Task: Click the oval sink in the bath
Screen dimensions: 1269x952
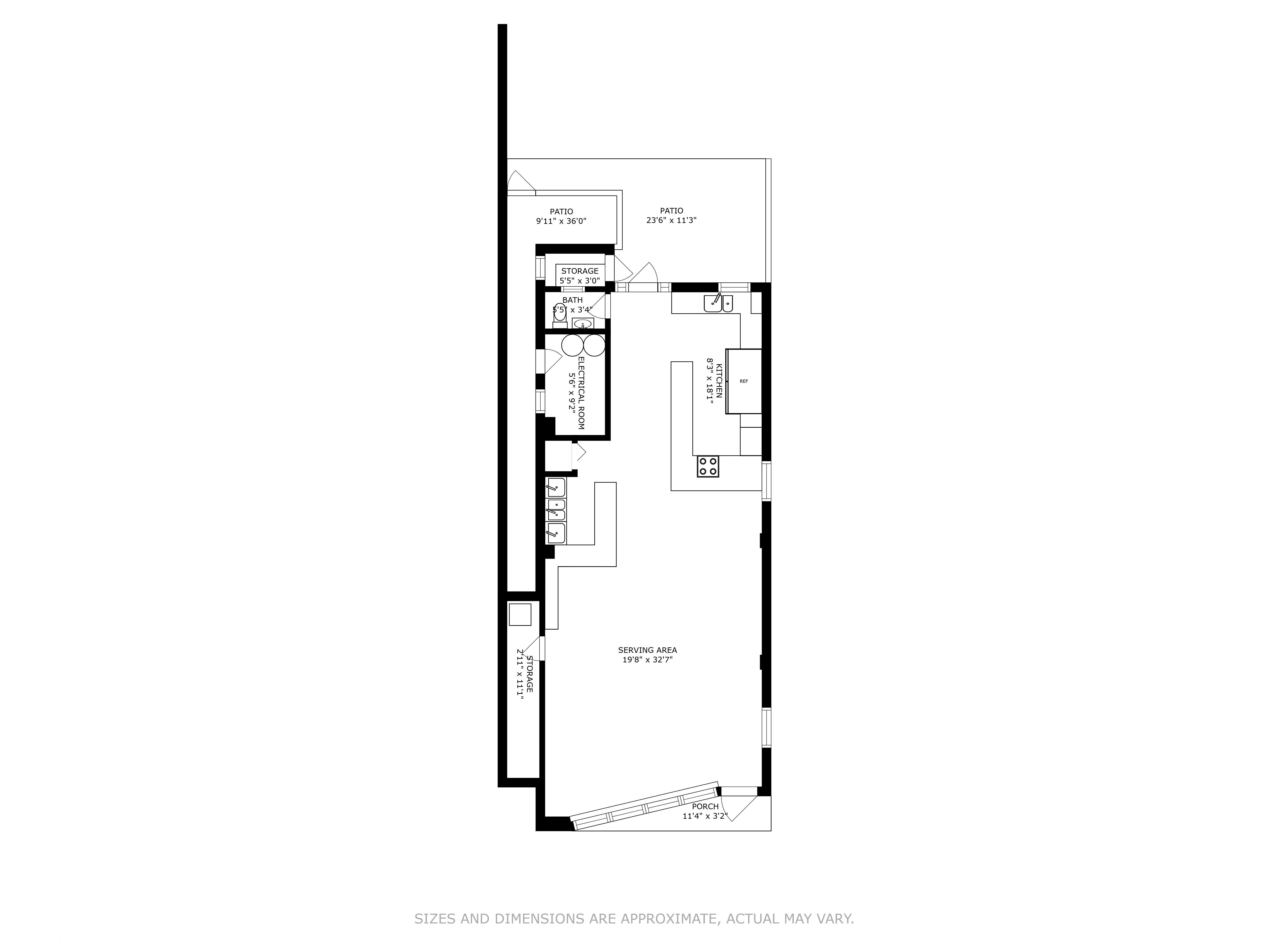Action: tap(583, 324)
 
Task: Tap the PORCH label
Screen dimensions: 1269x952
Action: tap(705, 806)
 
